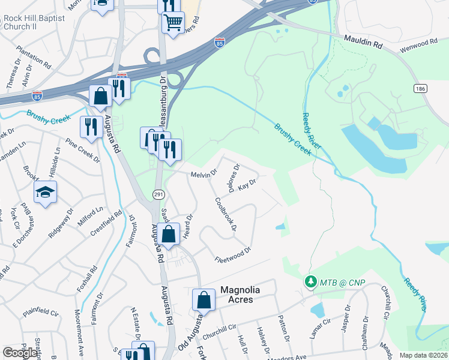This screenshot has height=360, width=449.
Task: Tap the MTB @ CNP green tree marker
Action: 310,281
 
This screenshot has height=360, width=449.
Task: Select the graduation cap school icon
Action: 45,192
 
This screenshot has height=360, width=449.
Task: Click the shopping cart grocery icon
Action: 173,23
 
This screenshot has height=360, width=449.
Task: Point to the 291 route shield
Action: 158,194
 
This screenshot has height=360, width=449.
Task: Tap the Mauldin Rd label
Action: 363,40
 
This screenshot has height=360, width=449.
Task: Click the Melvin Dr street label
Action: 203,174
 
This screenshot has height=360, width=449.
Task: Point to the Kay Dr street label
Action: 247,187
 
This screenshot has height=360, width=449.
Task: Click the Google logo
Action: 20,353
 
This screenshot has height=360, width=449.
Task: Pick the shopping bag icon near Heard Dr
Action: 169,235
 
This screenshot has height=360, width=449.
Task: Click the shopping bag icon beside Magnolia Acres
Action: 203,300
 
